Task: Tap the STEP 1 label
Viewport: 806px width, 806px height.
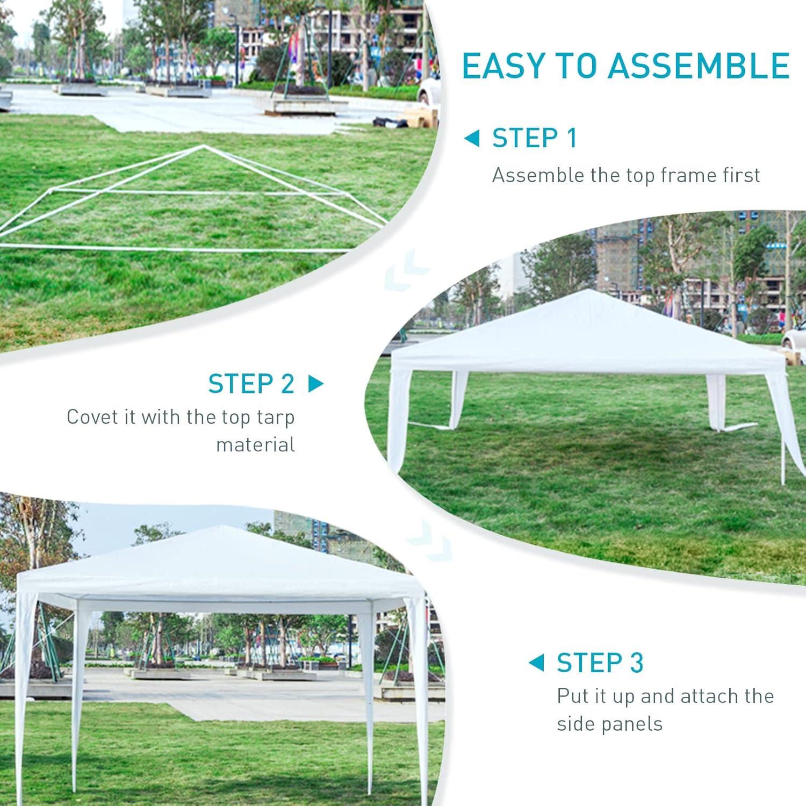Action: (x=535, y=138)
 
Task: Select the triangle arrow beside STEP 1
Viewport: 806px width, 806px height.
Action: (x=471, y=139)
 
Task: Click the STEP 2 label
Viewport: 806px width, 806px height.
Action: (x=251, y=384)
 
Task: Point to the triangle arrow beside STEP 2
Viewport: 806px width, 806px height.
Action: (x=316, y=384)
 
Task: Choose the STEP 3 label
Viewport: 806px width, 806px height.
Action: (x=600, y=663)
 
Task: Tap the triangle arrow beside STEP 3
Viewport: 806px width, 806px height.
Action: (x=536, y=663)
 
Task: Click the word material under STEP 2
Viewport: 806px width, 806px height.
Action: (x=255, y=445)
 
